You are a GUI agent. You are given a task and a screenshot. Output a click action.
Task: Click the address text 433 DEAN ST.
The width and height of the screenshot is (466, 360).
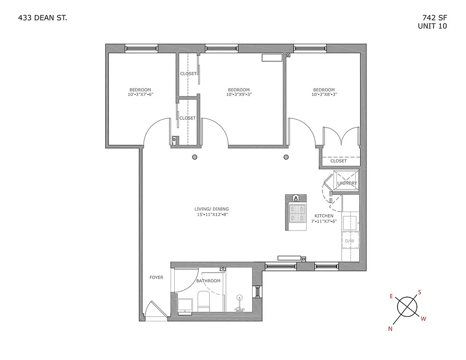click(43, 18)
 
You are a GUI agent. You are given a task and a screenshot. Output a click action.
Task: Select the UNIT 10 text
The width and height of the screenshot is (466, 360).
click(432, 26)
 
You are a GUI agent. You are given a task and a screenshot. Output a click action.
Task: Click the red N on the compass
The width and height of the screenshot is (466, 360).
click(390, 329)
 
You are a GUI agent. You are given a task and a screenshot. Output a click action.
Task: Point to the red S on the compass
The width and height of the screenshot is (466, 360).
click(420, 292)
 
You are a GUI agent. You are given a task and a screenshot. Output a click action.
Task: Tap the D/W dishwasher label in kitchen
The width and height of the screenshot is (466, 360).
click(349, 241)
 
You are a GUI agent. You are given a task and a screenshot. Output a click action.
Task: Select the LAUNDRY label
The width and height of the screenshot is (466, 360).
click(347, 183)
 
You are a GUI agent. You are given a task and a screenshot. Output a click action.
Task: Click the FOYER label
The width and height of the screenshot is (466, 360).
click(156, 278)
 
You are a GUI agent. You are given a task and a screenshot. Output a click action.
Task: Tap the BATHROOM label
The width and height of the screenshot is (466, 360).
click(208, 281)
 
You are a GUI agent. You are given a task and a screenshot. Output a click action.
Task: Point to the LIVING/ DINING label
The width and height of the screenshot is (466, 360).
click(212, 209)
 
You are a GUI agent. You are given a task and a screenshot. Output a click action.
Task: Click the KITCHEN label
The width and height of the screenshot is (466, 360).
click(324, 216)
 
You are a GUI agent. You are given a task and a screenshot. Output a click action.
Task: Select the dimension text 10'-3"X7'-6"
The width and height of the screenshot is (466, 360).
click(140, 95)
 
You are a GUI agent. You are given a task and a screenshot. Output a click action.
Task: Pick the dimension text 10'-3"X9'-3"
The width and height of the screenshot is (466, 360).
click(238, 95)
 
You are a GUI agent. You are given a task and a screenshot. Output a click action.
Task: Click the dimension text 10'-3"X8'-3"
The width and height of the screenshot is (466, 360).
click(324, 95)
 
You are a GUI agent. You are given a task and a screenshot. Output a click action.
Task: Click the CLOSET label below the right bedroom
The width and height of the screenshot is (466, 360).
click(339, 161)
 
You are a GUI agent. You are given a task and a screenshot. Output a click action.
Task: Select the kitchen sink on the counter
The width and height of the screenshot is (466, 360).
click(350, 221)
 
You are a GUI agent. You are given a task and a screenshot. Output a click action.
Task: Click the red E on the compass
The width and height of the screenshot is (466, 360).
click(391, 296)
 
